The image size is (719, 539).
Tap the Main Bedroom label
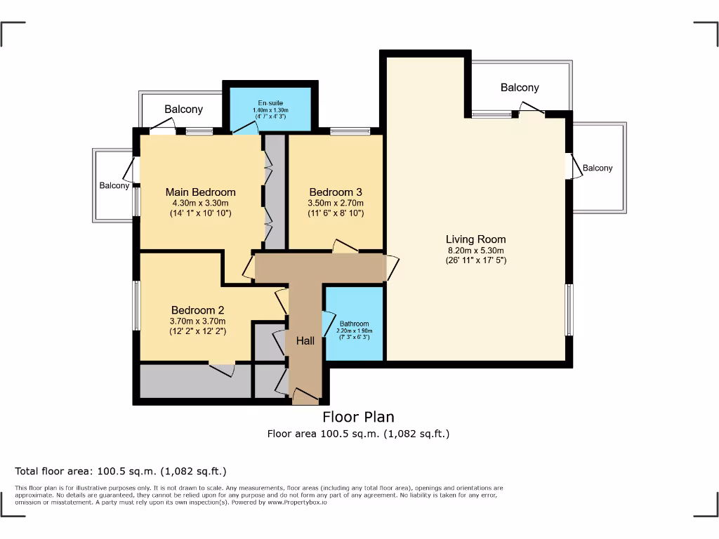click(200, 192)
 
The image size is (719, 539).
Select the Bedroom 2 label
click(197, 310)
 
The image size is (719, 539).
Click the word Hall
click(305, 341)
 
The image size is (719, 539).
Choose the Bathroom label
click(355, 324)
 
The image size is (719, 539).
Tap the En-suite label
click(270, 103)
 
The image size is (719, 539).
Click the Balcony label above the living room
click(520, 88)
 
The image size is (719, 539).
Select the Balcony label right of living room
click(598, 168)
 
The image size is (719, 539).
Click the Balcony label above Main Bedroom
click(183, 109)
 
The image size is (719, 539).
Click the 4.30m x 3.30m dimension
click(200, 203)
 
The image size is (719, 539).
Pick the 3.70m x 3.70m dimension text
click(197, 321)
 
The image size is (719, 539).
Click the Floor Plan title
click(358, 418)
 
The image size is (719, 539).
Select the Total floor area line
click(121, 471)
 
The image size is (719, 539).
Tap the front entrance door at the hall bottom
click(305, 398)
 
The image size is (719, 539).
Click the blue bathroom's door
click(326, 324)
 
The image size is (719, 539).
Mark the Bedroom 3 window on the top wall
click(350, 131)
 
